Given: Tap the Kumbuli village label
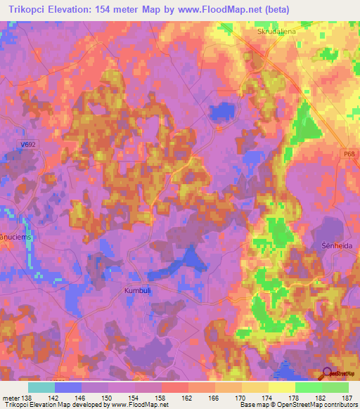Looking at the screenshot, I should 139,290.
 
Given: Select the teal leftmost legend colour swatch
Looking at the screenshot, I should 41,387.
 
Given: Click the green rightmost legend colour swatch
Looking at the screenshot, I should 335,387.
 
